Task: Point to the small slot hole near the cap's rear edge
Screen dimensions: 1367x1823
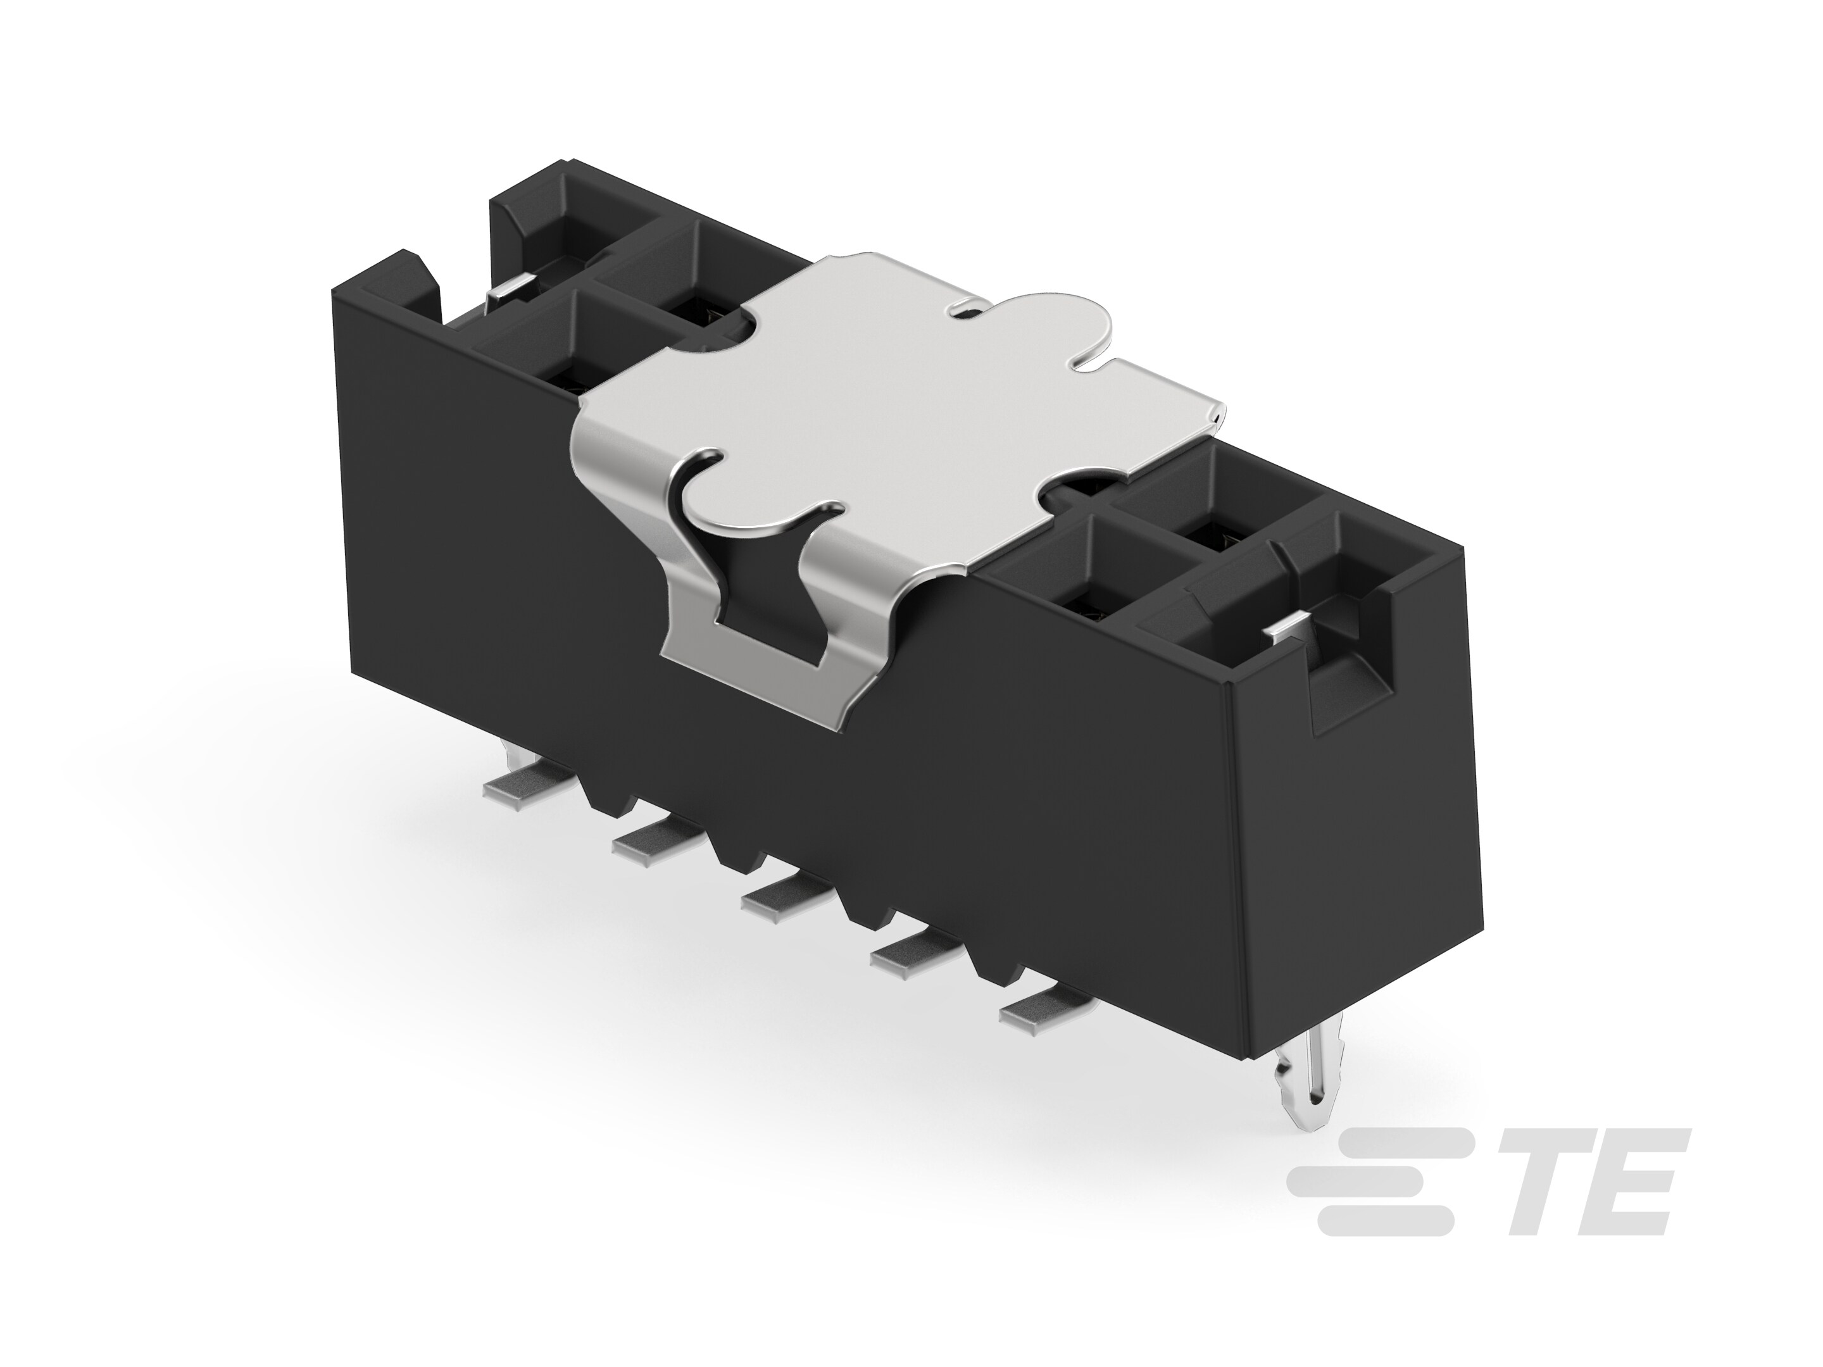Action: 963,310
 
